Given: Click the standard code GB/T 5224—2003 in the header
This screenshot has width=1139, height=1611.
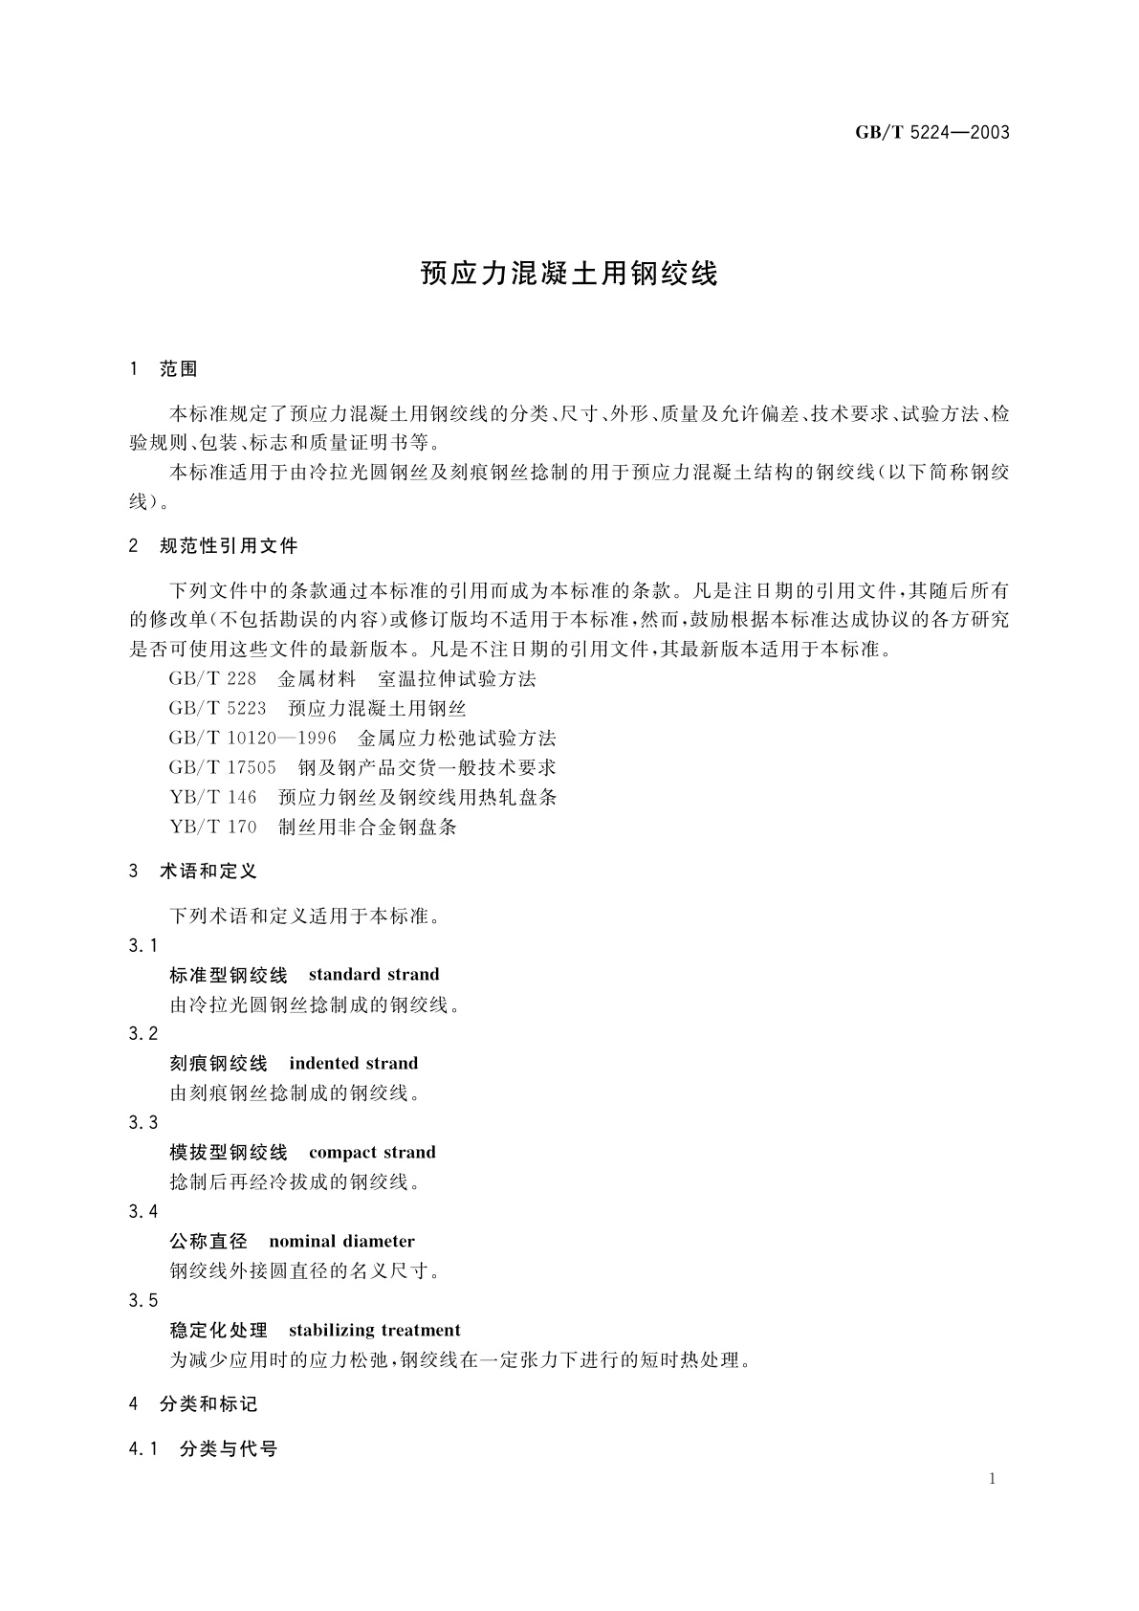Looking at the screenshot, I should [x=931, y=133].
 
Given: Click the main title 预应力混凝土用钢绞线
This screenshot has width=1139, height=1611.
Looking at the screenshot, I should [x=569, y=274].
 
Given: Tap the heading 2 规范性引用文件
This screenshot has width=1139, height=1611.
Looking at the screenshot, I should [x=213, y=546].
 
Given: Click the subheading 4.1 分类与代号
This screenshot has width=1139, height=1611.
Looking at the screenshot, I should [x=203, y=1449].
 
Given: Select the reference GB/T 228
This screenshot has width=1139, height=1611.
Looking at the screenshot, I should [x=212, y=679].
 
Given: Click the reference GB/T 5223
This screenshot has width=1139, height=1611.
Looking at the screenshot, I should [x=217, y=709].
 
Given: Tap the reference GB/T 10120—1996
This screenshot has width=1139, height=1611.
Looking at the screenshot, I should [x=252, y=739].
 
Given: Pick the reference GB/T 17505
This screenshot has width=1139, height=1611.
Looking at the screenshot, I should [x=222, y=768].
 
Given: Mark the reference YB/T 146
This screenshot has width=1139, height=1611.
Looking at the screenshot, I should [x=213, y=798].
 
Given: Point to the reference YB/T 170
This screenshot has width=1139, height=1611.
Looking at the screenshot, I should [x=213, y=828].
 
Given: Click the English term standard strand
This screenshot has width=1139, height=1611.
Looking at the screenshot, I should [x=374, y=975].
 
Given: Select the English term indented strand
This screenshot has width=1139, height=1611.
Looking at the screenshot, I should [x=353, y=1064].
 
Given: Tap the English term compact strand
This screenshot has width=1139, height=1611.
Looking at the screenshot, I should [x=372, y=1153].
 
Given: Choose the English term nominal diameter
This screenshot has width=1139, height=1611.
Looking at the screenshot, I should [x=341, y=1242].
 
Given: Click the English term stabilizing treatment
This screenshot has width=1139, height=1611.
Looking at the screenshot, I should [x=374, y=1331].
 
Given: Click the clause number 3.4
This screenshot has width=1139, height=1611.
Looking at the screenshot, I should [x=142, y=1212].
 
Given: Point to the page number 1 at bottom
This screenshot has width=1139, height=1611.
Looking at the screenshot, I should [x=993, y=1479].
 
